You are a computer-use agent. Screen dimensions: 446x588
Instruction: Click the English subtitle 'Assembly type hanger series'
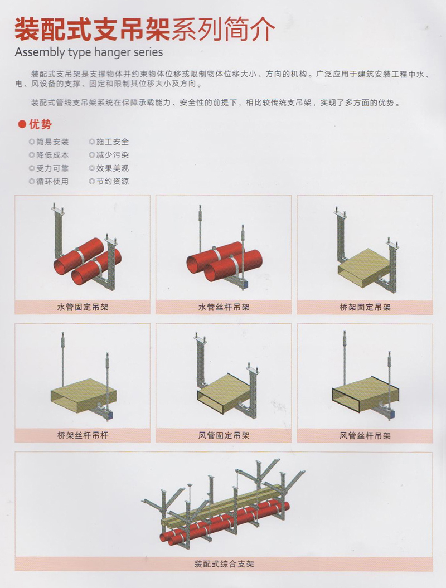89,52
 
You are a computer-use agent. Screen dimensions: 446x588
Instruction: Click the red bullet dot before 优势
22,124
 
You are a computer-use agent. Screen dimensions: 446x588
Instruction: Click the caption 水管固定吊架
83,307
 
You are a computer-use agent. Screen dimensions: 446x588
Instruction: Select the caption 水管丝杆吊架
224,307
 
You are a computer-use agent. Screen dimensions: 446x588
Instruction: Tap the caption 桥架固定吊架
365,307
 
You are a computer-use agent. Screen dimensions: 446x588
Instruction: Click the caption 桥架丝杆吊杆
83,435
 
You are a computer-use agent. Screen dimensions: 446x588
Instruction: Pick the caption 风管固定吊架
224,435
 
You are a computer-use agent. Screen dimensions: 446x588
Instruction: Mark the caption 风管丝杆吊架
365,435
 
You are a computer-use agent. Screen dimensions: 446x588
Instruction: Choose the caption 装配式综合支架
224,563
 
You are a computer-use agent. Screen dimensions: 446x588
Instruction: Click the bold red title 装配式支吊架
93,30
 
